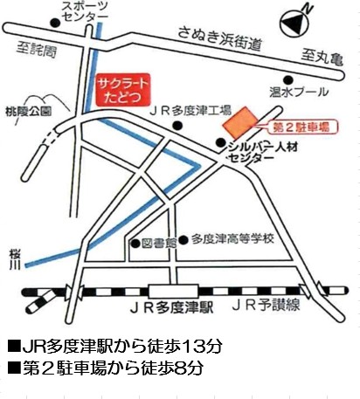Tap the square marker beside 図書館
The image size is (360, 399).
coord(135,244)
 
